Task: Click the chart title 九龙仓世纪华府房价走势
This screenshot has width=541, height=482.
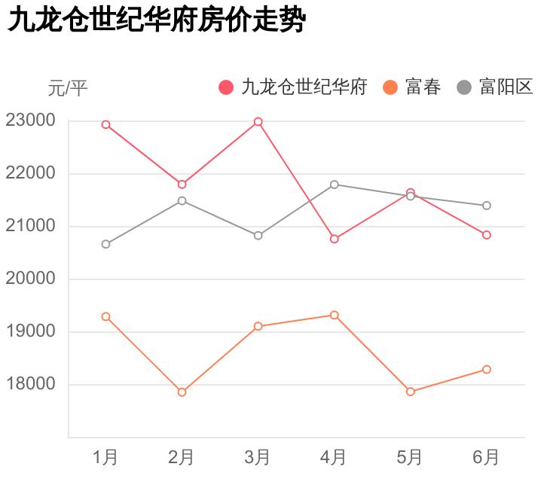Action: point(156,21)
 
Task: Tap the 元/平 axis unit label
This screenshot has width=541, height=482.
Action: point(68,89)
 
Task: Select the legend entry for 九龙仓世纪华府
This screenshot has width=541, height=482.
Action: point(293,87)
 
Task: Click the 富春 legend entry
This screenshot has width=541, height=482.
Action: point(412,87)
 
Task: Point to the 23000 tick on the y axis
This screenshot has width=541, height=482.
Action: point(30,120)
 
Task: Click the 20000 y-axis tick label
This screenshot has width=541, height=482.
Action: point(30,279)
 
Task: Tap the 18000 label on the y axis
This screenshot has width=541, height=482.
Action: point(30,384)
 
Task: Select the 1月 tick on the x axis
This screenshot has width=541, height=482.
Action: point(105,456)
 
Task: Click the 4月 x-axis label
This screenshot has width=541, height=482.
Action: point(334,456)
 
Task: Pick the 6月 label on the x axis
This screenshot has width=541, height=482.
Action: point(486,456)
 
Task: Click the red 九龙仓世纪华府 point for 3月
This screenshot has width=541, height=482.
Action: point(258,121)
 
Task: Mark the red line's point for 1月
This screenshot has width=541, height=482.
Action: point(106,124)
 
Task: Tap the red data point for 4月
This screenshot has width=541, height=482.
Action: point(334,239)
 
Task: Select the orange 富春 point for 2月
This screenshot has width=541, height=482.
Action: point(182,392)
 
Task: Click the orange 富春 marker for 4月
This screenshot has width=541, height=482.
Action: point(334,315)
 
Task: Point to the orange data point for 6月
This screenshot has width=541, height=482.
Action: point(487,369)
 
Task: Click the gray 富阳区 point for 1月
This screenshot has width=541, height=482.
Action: point(106,244)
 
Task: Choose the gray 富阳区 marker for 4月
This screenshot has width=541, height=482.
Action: point(334,185)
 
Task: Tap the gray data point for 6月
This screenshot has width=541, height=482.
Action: point(487,206)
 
